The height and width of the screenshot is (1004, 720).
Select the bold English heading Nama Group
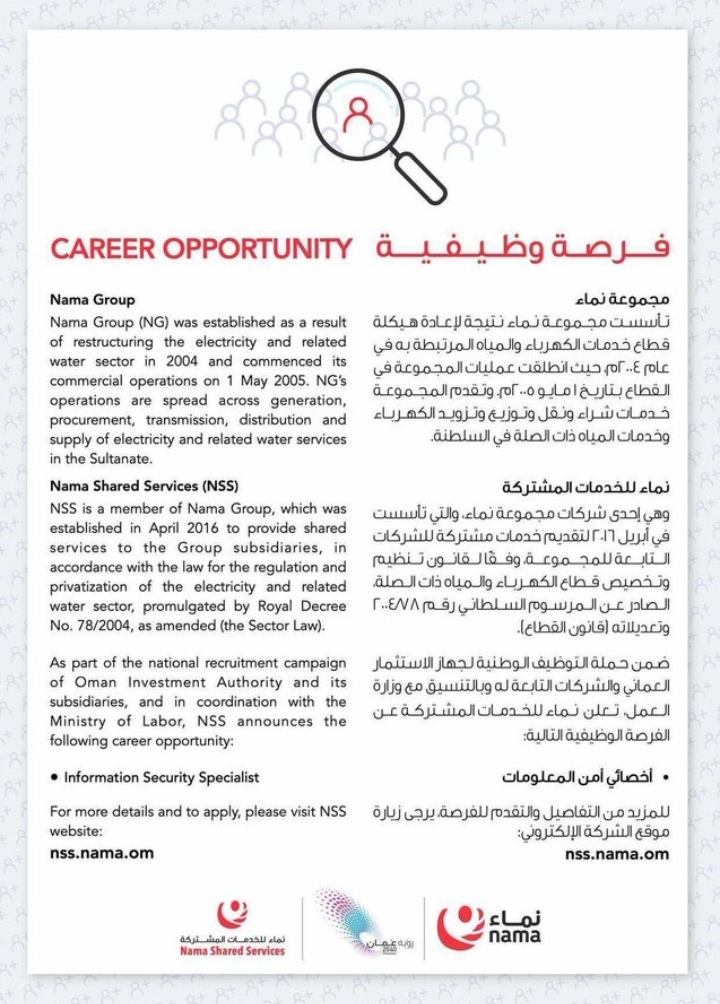click(92, 299)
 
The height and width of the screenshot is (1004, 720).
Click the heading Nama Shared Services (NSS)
click(144, 487)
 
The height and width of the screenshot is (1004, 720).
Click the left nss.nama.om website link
click(102, 853)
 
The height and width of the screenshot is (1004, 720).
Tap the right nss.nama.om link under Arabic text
click(617, 854)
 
